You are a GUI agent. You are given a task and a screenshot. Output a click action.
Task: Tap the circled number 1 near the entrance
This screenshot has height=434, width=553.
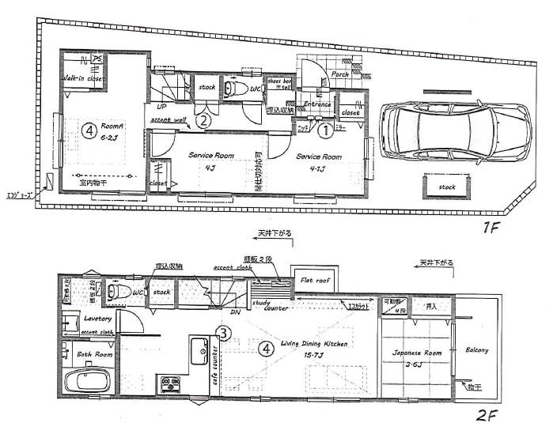pos(325,126)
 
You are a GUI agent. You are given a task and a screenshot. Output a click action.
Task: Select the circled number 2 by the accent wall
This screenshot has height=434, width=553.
pos(203,121)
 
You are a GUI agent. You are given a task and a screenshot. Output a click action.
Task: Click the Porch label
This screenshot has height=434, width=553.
pos(340,74)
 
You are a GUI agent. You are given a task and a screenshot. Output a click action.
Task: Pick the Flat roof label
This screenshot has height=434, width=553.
pos(314,280)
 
